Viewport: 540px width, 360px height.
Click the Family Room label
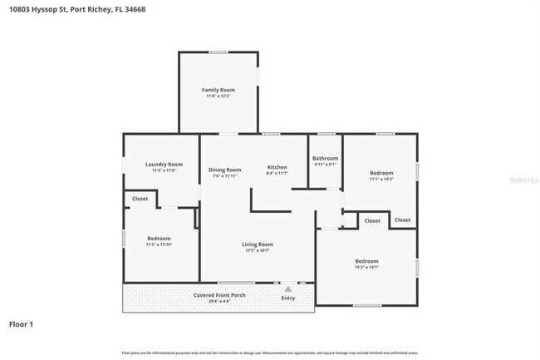point(219,89)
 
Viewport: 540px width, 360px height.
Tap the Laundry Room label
point(164,165)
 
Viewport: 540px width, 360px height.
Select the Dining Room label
point(224,170)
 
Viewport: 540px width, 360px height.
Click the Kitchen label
point(277,166)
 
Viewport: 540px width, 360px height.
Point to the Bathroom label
point(325,158)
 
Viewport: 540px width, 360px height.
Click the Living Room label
point(258,244)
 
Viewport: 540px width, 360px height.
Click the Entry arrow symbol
point(288,288)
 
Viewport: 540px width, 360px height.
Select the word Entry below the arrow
point(288,298)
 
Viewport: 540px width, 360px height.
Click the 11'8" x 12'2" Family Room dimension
point(219,96)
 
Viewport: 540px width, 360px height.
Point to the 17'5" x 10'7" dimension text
point(258,250)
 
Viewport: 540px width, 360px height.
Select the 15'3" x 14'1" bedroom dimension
point(366,268)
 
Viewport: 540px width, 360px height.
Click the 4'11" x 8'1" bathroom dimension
point(325,165)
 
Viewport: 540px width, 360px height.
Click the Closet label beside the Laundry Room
point(140,199)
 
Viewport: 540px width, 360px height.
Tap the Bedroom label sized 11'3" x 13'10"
point(159,238)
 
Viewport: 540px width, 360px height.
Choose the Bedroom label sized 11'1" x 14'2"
point(381,172)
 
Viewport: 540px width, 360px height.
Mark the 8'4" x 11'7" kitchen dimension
point(277,173)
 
